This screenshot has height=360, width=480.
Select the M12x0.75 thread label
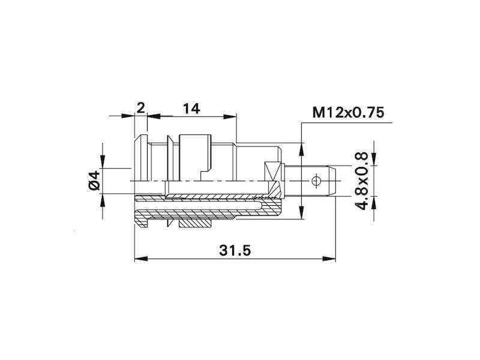click(x=348, y=113)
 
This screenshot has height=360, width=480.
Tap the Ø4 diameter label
click(x=93, y=181)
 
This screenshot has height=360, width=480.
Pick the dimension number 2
click(x=140, y=107)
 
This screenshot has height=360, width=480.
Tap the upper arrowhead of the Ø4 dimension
click(x=103, y=161)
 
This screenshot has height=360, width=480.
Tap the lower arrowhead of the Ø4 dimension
click(x=103, y=199)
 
